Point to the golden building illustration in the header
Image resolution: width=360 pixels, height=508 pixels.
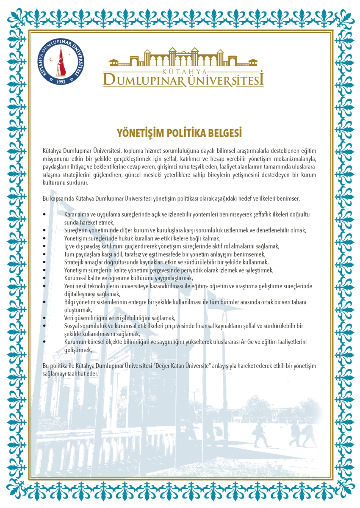pyautogui.click(x=183, y=57)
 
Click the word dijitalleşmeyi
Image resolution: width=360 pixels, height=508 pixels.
pyautogui.click(x=80, y=294)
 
